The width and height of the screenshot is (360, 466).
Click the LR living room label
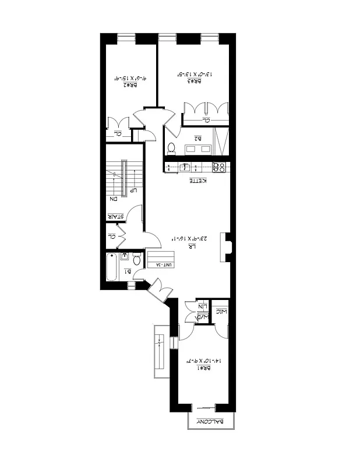click(190, 246)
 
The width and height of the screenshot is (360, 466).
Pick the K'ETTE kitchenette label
click(199, 181)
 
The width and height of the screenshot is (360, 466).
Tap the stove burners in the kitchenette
click(219, 168)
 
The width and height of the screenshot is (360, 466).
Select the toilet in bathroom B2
click(171, 146)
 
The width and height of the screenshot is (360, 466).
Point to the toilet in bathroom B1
click(137, 260)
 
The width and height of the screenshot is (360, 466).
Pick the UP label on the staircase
click(133, 190)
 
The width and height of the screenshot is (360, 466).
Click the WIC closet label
click(221, 312)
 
